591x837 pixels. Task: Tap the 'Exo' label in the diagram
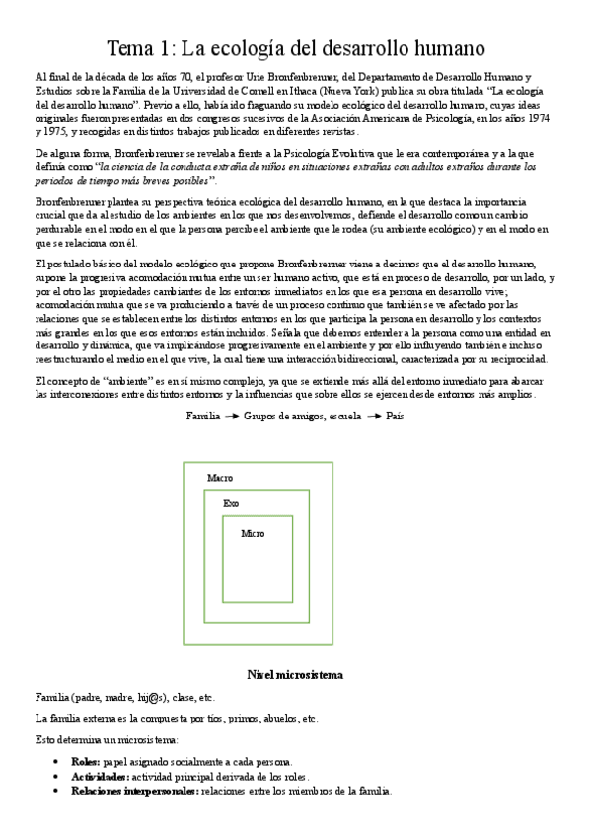(230, 503)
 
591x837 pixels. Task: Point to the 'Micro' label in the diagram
(253, 534)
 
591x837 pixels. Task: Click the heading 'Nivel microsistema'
(294, 675)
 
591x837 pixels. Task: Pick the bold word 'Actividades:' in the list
(104, 777)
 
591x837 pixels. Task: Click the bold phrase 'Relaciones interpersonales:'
(134, 791)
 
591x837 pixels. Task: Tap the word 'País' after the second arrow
(395, 417)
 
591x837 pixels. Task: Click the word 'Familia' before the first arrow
(203, 417)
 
